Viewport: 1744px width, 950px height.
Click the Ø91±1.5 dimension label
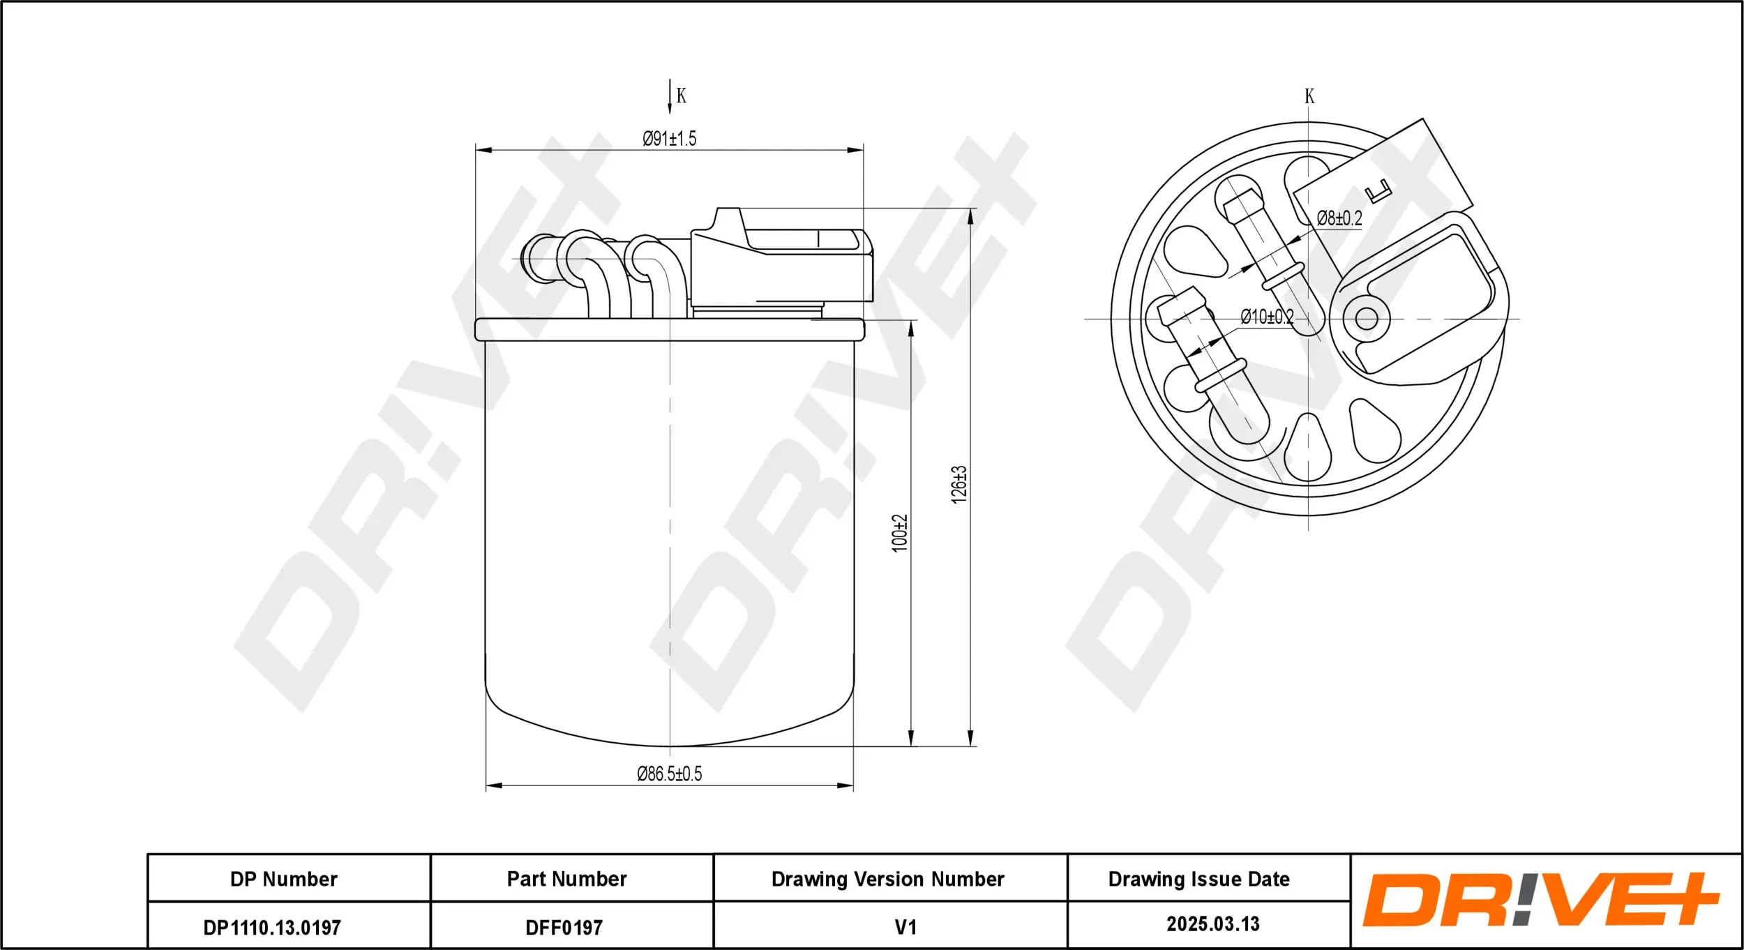pyautogui.click(x=669, y=138)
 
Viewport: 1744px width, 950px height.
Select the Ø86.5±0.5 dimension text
pyautogui.click(x=669, y=774)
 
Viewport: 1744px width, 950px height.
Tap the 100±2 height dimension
pyautogui.click(x=900, y=534)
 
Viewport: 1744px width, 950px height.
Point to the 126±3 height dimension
pyautogui.click(x=959, y=484)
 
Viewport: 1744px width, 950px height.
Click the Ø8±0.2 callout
pyautogui.click(x=1339, y=218)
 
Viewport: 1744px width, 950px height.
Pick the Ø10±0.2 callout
pyautogui.click(x=1267, y=317)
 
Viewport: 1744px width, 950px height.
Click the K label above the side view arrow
pyautogui.click(x=682, y=96)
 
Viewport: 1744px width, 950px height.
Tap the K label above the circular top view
pyautogui.click(x=1309, y=96)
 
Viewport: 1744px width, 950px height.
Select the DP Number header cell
pyautogui.click(x=284, y=879)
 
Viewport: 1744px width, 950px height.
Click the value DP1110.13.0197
pyautogui.click(x=272, y=928)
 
